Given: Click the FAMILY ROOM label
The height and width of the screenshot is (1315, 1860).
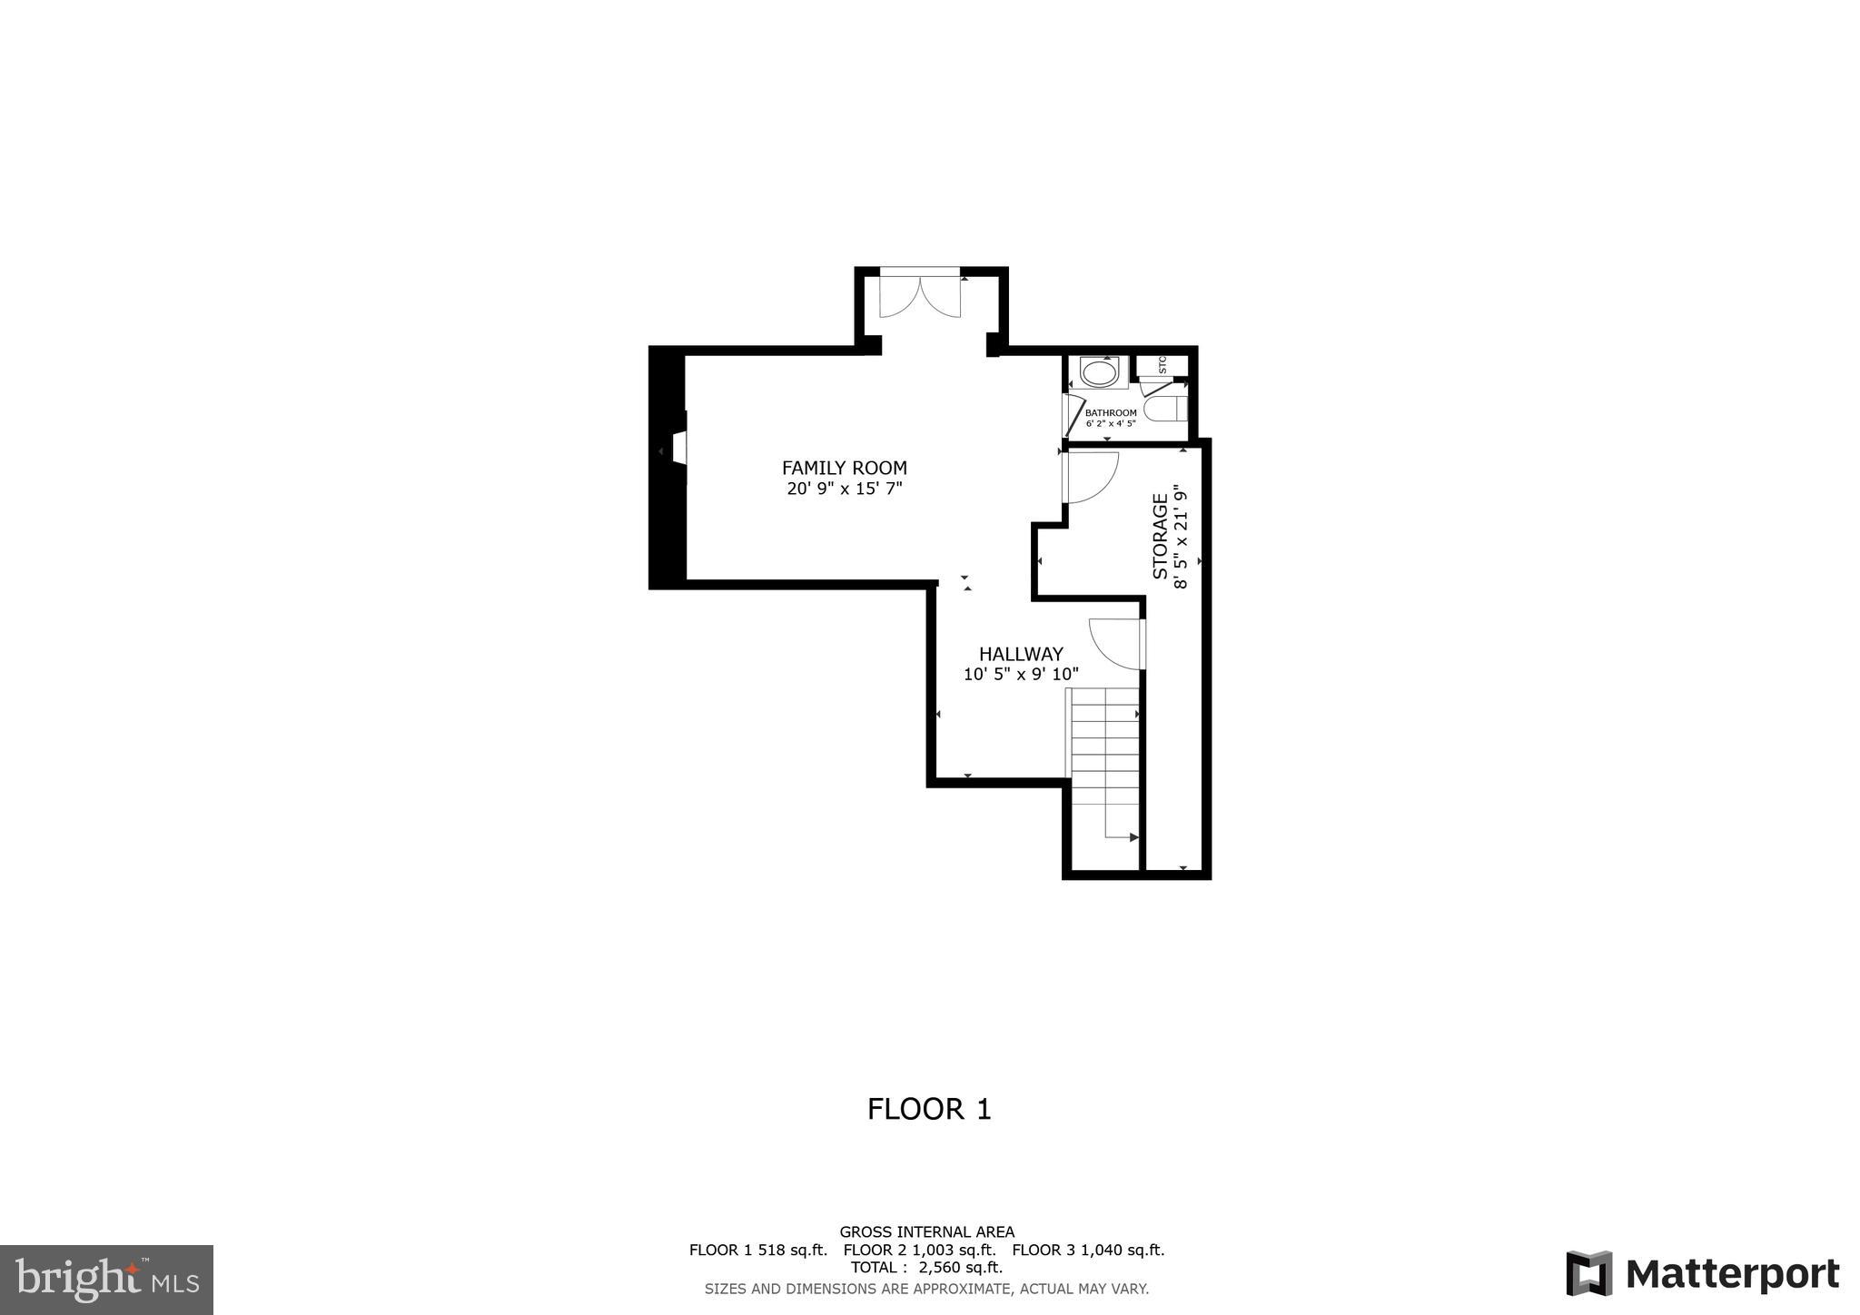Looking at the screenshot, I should point(844,468).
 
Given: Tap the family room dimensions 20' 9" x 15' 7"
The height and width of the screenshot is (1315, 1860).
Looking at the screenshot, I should point(844,489).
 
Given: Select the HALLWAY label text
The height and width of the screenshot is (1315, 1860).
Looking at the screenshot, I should point(1021,654).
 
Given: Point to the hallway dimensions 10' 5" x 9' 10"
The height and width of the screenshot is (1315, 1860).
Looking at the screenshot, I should point(1021,675).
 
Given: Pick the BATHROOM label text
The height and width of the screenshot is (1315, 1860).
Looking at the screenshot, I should point(1110,413).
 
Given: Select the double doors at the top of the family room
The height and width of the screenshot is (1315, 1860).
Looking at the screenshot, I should point(920,296).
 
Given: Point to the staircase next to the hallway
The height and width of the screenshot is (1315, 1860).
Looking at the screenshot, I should point(1104,763).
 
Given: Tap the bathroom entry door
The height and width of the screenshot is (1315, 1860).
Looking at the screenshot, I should point(1072,414).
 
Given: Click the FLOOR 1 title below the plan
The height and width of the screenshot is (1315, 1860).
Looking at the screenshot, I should point(929,1109).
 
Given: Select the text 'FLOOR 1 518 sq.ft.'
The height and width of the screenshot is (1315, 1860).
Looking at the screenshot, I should point(757,1250).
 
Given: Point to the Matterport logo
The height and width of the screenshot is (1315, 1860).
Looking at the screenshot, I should point(1703,1274).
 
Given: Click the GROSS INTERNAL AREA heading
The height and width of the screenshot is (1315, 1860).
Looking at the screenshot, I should point(926,1232).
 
